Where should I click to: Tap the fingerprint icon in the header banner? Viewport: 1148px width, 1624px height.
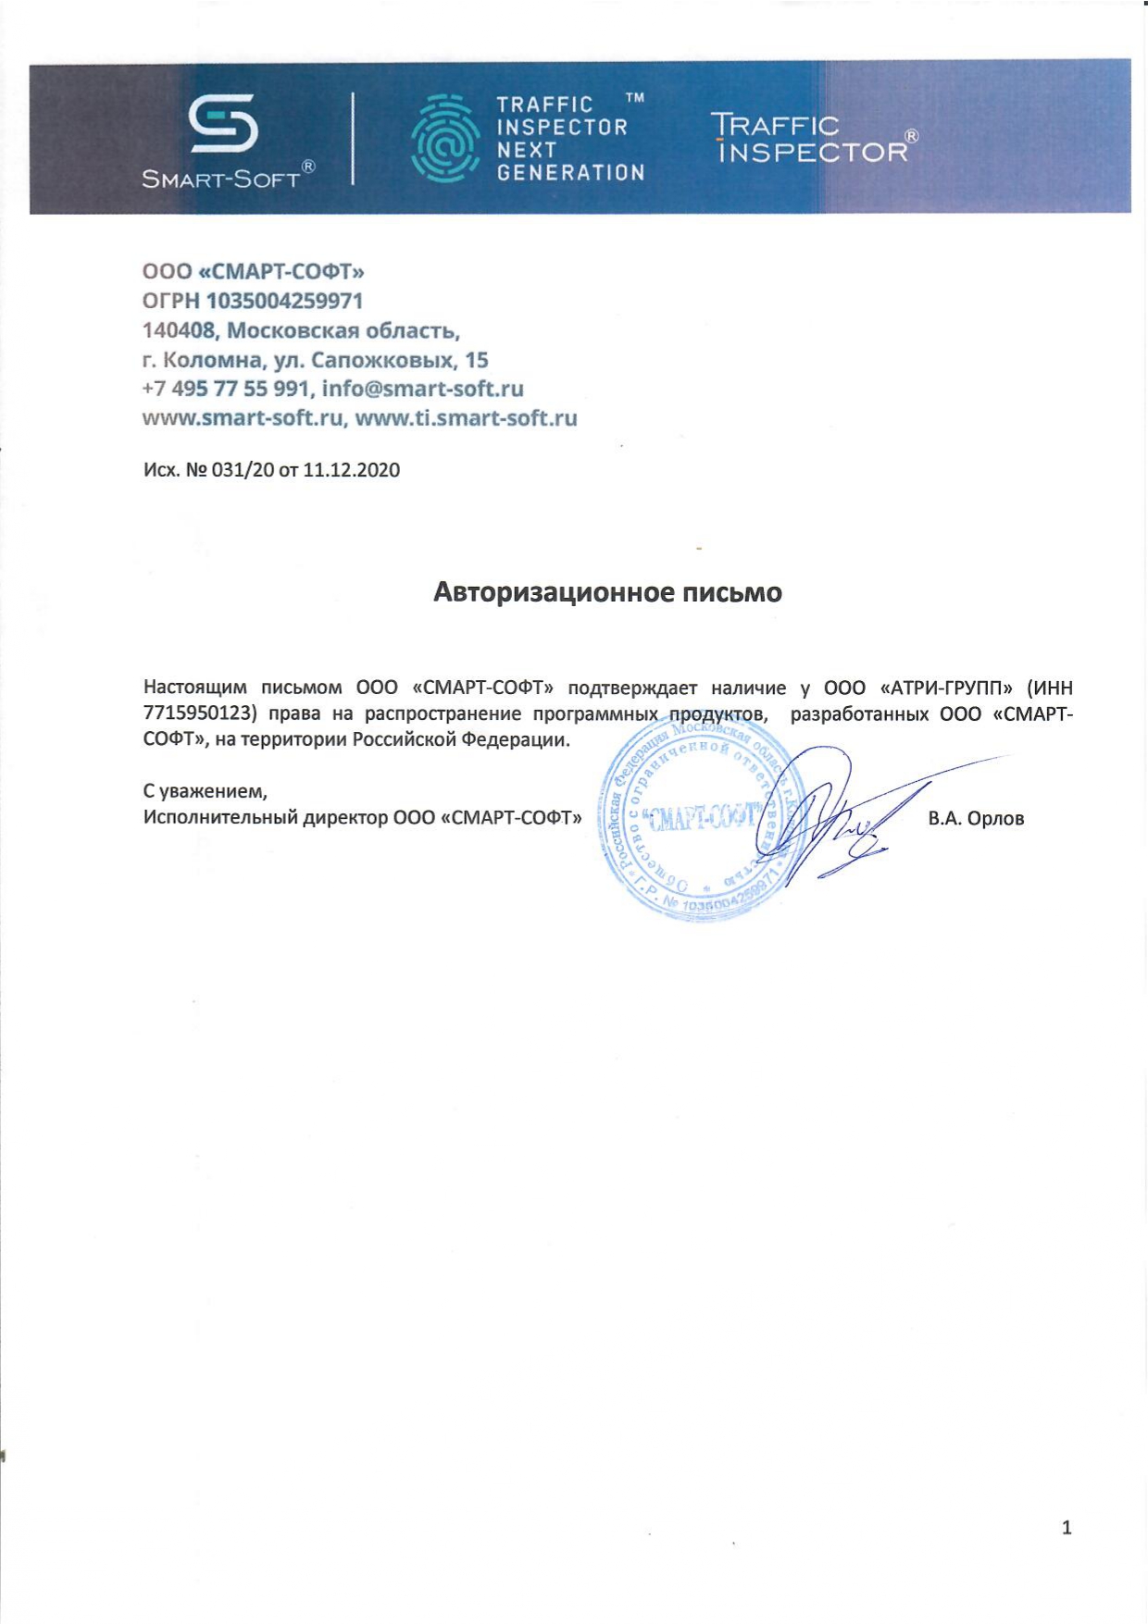click(x=445, y=138)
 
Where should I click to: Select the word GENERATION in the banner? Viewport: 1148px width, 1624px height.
click(x=570, y=172)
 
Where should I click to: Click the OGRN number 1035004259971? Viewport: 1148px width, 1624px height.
click(x=284, y=301)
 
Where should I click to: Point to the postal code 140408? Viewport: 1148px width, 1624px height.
click(x=179, y=330)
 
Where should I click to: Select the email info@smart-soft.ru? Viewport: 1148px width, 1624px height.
click(x=422, y=389)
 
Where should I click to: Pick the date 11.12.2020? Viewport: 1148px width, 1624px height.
click(x=351, y=470)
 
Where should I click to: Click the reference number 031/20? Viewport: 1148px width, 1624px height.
click(x=243, y=470)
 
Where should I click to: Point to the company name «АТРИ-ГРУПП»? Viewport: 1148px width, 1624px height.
click(x=945, y=688)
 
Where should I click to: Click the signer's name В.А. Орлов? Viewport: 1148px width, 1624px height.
click(x=976, y=818)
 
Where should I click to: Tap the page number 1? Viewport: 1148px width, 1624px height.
click(x=1067, y=1528)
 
